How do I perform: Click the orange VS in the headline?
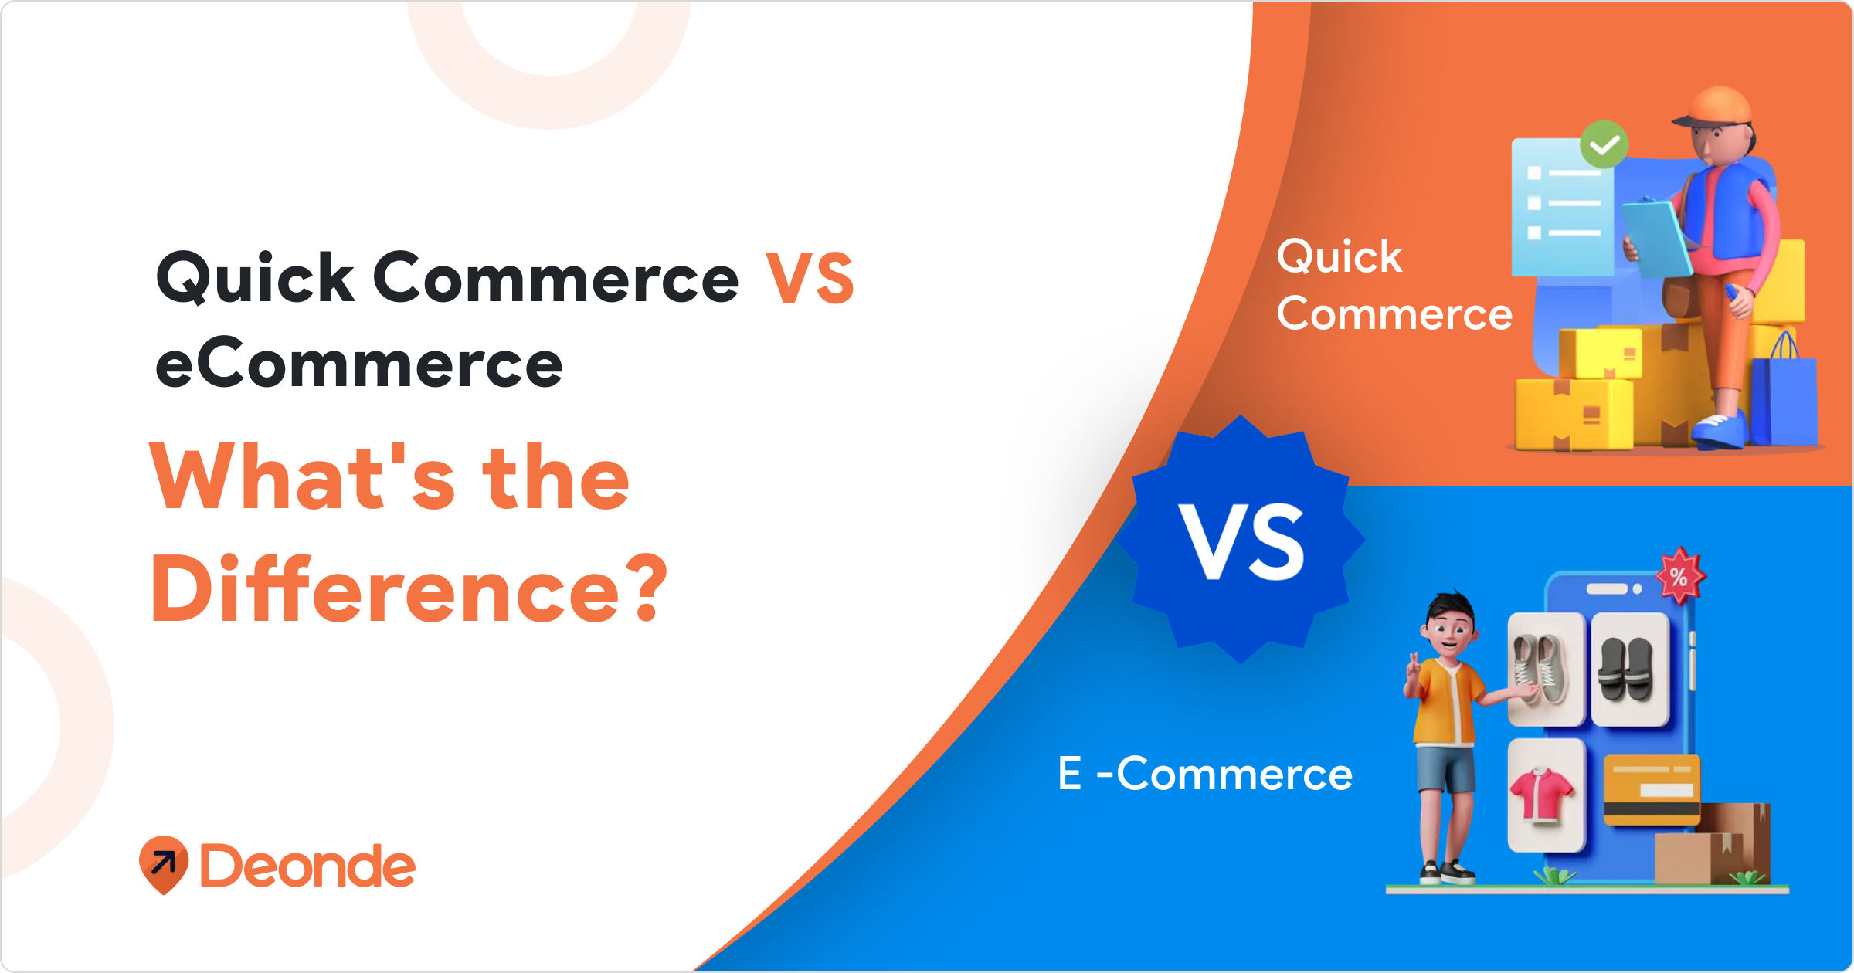point(810,278)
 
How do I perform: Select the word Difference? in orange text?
point(409,588)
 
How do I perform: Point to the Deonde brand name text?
point(307,866)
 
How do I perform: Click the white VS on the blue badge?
point(1241,541)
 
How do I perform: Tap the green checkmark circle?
point(1604,144)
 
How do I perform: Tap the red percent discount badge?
point(1680,575)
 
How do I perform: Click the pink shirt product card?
point(1546,795)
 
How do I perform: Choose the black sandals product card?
point(1629,669)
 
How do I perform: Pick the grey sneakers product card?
point(1546,669)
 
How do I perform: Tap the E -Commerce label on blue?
point(1205,774)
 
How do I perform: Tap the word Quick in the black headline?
point(256,278)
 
